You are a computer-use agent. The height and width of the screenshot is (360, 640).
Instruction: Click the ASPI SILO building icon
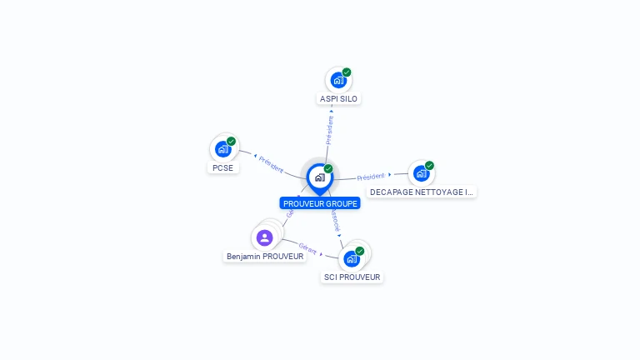(x=337, y=81)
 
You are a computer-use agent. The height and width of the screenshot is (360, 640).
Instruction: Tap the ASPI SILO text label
(x=338, y=99)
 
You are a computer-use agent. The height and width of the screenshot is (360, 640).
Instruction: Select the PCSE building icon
(x=222, y=149)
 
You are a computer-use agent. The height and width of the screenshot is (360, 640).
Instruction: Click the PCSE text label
(x=222, y=167)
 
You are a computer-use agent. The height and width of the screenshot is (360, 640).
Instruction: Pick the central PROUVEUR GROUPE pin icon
(x=319, y=177)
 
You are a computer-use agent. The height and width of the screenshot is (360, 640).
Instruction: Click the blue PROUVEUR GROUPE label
(x=320, y=203)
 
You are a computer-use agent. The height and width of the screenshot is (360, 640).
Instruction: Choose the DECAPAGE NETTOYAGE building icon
(x=421, y=173)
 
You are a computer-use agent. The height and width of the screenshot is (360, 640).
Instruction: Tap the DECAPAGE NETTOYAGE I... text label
(x=422, y=192)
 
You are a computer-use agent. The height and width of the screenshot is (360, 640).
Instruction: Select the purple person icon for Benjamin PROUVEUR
(x=265, y=238)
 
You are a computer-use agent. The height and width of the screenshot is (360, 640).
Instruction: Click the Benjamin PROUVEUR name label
(x=265, y=257)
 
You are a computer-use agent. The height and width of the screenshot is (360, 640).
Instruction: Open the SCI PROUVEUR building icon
(x=351, y=258)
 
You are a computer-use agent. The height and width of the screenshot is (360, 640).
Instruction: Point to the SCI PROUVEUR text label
(x=352, y=277)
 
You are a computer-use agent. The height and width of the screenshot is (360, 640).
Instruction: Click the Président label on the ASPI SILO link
(x=330, y=130)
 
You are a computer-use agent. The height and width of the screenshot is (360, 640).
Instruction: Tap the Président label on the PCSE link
(x=271, y=163)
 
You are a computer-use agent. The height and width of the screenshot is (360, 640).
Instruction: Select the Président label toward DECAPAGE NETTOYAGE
(x=371, y=177)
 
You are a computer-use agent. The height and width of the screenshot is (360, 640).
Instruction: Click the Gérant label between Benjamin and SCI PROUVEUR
(x=307, y=247)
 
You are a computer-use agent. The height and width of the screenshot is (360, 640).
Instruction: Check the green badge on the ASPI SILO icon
(x=347, y=72)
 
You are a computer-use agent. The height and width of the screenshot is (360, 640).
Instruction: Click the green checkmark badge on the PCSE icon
(x=232, y=141)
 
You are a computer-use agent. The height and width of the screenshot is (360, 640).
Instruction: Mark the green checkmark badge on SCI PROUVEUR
(x=360, y=251)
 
